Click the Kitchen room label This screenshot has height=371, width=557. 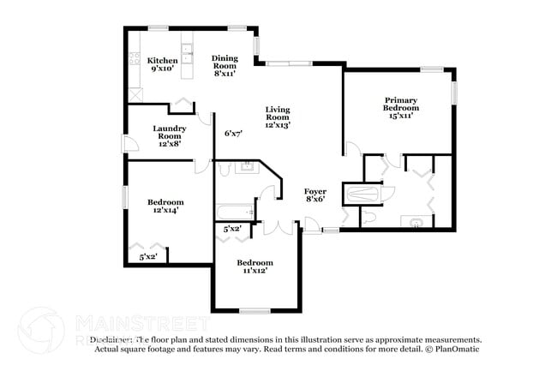(162, 64)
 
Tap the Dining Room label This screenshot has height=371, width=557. (225, 64)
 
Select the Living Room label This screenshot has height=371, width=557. (277, 117)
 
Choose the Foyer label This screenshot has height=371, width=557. (315, 194)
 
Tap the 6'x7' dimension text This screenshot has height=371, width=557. (233, 134)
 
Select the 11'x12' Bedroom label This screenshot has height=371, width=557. (255, 266)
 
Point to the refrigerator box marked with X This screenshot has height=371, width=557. (134, 93)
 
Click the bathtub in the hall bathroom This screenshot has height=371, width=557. (232, 210)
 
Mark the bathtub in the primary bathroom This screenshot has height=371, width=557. (362, 194)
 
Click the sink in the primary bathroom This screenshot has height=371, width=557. (416, 222)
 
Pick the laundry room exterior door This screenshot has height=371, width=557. (125, 143)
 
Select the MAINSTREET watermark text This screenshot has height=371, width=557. (141, 324)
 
